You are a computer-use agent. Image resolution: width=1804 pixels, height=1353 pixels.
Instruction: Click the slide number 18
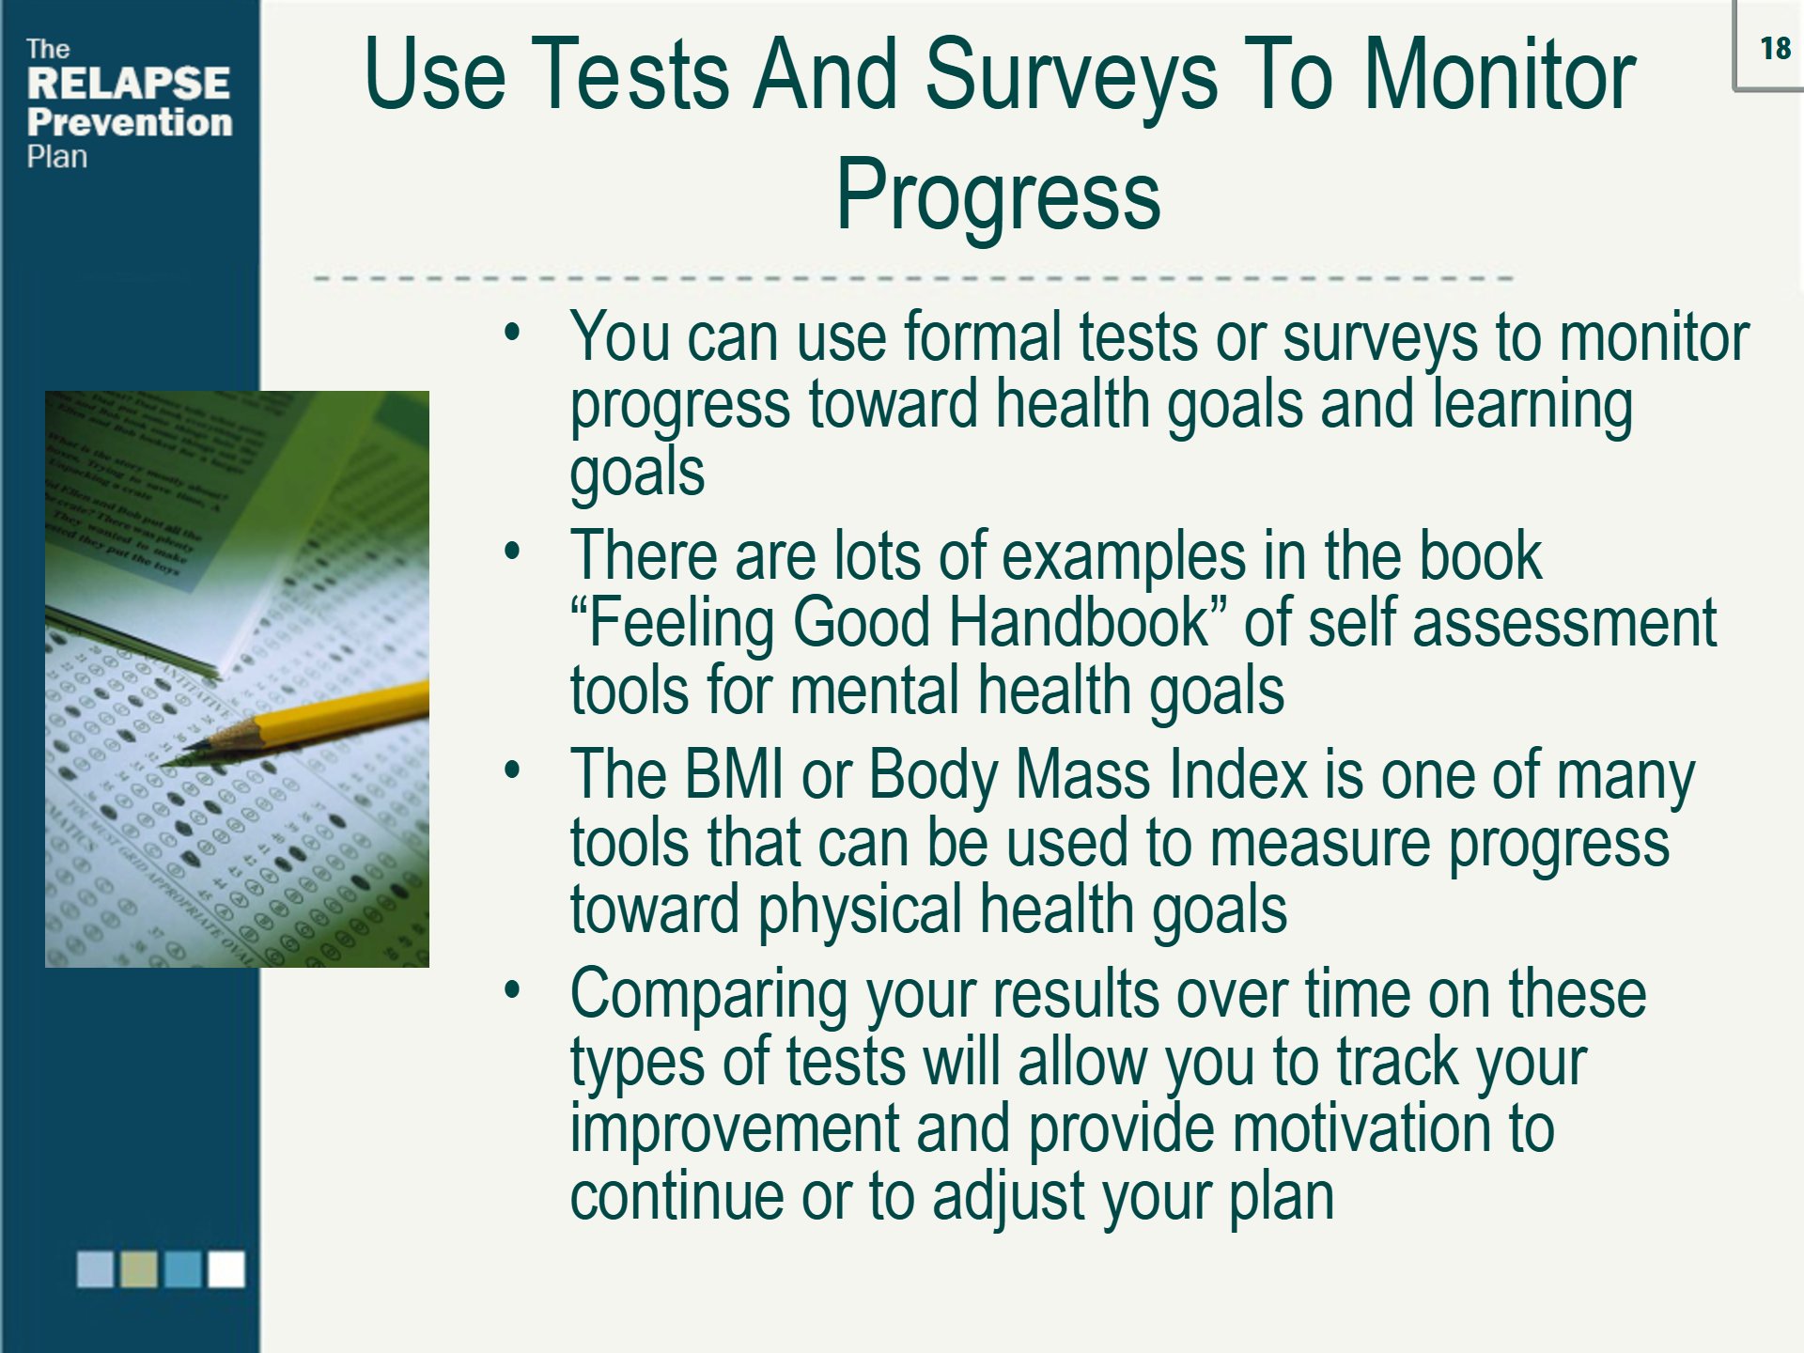pos(1775,48)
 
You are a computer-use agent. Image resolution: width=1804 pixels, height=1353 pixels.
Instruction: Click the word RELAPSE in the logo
pos(129,84)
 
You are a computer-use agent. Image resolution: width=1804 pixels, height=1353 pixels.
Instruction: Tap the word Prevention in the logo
pos(130,123)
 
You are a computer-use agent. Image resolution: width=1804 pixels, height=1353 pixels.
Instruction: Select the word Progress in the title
pos(998,195)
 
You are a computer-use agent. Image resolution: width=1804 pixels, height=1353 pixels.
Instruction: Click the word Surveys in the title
pos(1071,75)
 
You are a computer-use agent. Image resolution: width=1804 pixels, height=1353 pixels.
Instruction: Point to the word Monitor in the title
pos(1500,75)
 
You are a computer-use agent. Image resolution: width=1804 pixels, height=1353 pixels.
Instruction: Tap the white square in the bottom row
pos(226,1268)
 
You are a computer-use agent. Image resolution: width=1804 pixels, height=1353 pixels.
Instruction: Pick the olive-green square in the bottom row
pos(139,1268)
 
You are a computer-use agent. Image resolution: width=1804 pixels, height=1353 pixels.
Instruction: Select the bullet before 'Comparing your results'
pos(512,989)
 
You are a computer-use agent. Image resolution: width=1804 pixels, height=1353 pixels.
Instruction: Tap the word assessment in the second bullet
pos(1563,622)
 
